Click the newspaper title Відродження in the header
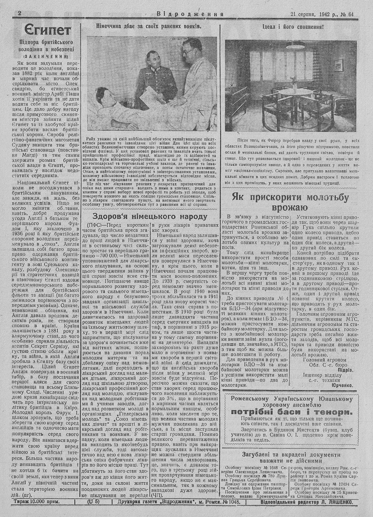[x=190, y=15]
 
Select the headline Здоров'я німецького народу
[x=149, y=217]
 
